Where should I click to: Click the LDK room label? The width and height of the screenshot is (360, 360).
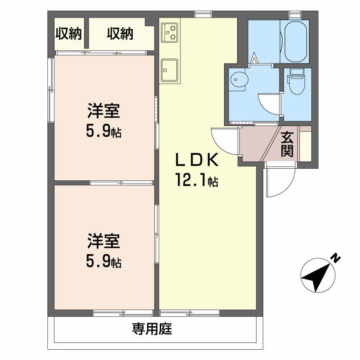[197, 160]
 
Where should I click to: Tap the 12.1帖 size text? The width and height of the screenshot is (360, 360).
[197, 181]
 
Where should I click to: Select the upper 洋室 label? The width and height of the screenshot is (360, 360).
[103, 111]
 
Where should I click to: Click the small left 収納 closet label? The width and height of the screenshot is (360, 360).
[68, 33]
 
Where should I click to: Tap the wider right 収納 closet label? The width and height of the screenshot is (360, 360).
[120, 33]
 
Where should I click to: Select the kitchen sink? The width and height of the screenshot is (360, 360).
[169, 69]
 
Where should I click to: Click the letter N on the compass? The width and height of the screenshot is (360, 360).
[335, 258]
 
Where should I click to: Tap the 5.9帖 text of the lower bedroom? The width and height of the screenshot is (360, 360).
[103, 261]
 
